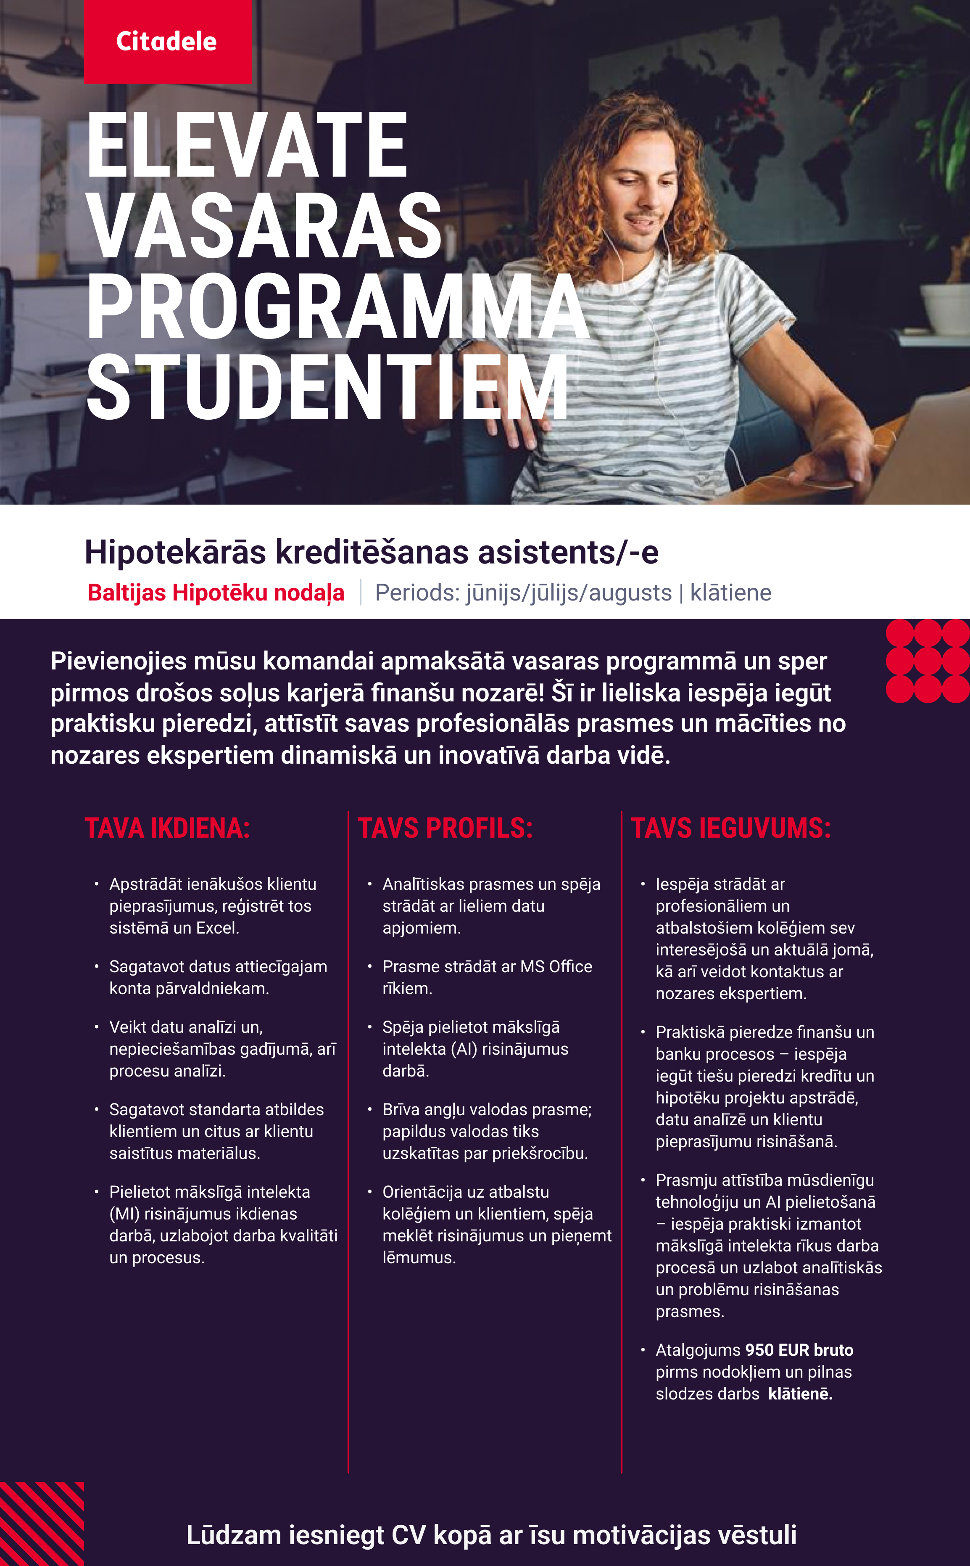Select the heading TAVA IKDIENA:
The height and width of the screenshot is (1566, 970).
(167, 828)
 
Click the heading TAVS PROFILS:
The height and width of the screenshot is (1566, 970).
(445, 828)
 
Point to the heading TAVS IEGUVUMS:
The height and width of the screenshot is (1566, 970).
(731, 828)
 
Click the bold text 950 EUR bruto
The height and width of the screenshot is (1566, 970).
(799, 1350)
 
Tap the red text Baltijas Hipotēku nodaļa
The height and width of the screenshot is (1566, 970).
(216, 593)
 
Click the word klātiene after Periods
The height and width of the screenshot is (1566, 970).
(731, 593)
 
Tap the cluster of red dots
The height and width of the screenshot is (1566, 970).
(928, 661)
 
